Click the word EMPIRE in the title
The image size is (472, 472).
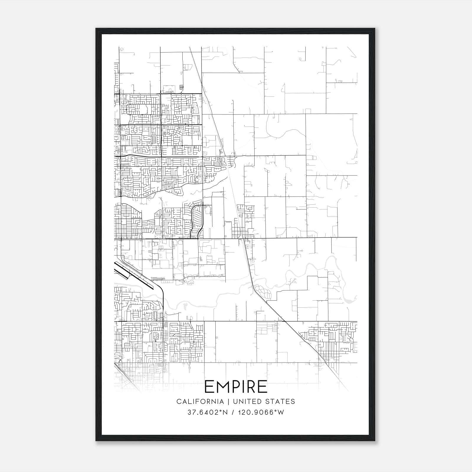click(x=236, y=387)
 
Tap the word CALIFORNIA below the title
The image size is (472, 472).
click(x=200, y=401)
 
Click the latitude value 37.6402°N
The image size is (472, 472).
click(x=208, y=412)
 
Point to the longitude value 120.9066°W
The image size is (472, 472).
click(x=260, y=412)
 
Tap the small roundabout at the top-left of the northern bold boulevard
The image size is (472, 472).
click(x=160, y=94)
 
